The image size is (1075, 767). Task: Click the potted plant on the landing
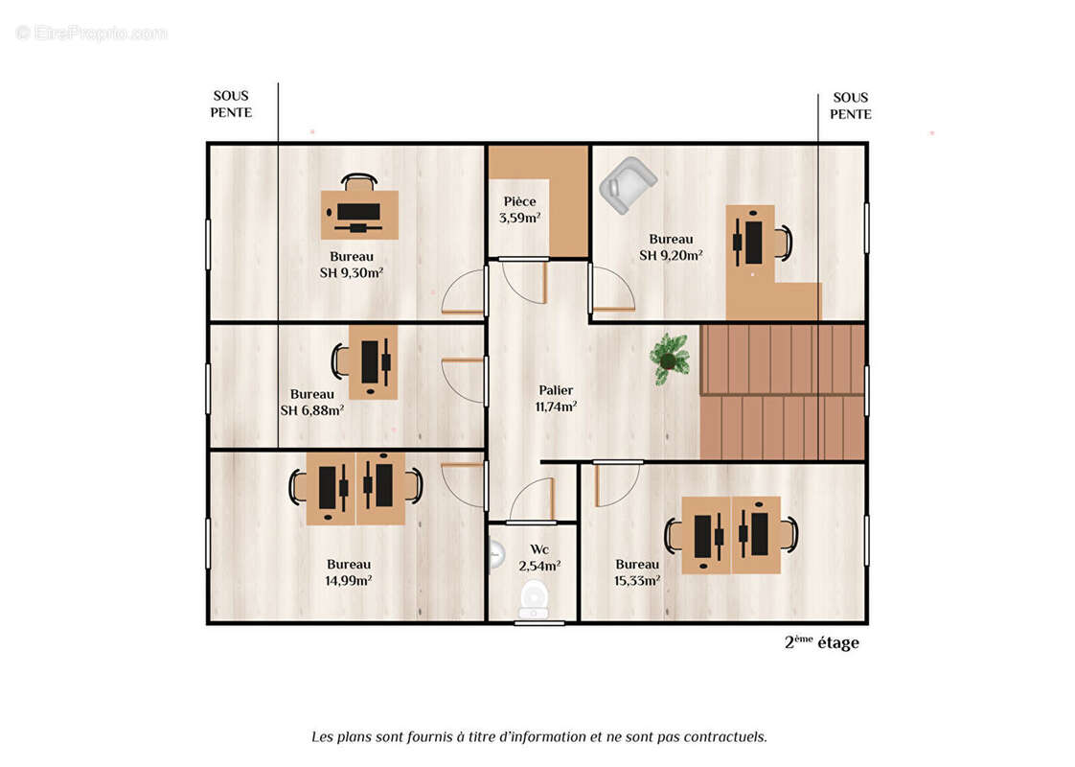[670, 359]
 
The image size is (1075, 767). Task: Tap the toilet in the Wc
[534, 599]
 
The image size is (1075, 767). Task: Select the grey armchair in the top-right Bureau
[627, 184]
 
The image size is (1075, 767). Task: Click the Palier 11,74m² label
[556, 398]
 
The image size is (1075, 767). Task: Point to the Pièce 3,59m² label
[519, 209]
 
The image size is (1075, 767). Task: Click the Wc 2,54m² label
[539, 558]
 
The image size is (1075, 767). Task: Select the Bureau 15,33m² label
[637, 572]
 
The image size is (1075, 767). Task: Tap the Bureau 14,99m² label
[349, 571]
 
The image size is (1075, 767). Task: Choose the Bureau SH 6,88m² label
[312, 402]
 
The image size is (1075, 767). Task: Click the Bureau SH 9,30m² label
[352, 264]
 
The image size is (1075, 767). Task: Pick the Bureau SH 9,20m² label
[671, 247]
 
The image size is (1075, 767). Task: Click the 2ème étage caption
[821, 643]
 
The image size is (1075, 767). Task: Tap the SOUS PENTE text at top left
[231, 105]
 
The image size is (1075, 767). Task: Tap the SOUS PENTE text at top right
[850, 105]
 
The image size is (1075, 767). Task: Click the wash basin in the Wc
[494, 554]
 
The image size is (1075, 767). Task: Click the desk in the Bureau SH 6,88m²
[373, 361]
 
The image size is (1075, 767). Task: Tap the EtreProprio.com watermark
[91, 33]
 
